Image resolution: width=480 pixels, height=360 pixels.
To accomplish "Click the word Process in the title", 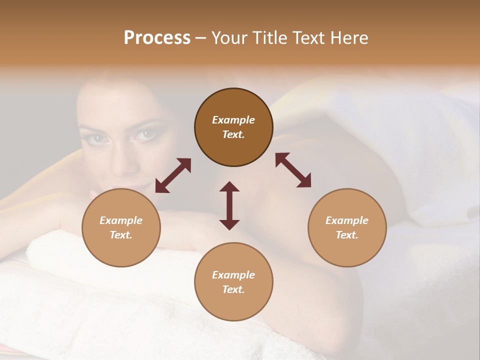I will coord(157,38).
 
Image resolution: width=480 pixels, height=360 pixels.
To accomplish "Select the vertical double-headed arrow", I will coord(229,205).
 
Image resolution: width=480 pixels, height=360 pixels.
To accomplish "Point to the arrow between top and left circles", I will coord(173,175).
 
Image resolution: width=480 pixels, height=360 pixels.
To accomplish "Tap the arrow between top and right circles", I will coord(293,170).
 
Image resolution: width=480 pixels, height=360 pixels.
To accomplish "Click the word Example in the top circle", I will coord(233,120).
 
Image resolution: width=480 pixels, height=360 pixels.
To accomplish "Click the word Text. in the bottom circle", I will coord(233,289).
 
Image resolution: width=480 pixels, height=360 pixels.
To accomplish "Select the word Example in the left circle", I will coord(121,220).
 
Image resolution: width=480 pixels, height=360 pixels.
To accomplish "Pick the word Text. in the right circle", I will coord(347,235).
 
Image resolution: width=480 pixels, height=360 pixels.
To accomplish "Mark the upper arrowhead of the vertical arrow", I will coord(229,186).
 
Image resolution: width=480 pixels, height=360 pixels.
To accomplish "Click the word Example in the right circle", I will coord(347,220).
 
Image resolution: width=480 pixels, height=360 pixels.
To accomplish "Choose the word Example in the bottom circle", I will coord(233,275).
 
